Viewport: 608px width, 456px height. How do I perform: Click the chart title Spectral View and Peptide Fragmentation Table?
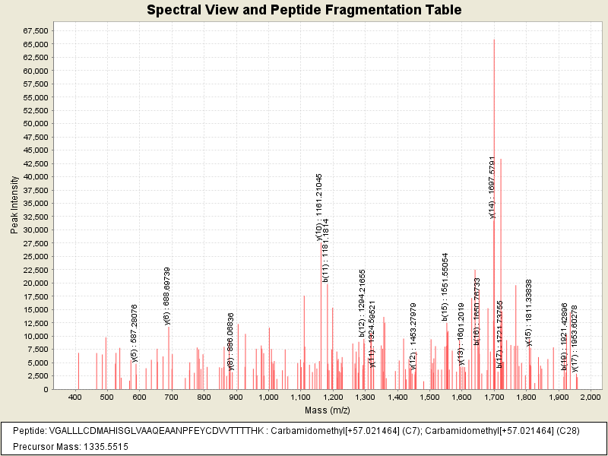point(304,11)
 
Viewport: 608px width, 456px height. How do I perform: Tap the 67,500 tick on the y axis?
point(36,30)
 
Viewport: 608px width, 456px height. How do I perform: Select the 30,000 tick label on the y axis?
point(36,230)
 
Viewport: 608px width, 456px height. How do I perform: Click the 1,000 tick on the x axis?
point(268,397)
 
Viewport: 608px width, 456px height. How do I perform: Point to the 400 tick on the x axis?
point(75,397)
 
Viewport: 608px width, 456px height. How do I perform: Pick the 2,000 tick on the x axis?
point(591,397)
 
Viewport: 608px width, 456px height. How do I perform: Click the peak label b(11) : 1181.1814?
point(326,250)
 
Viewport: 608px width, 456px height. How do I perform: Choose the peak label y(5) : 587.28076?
point(135,334)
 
